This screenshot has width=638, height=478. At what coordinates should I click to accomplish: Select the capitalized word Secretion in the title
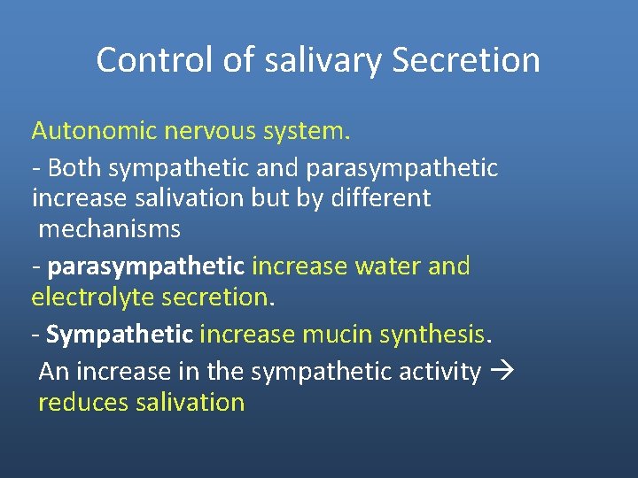point(465,60)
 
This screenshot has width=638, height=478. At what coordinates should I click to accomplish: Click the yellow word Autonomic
point(92,132)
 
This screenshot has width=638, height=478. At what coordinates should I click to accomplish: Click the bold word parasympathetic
point(146,266)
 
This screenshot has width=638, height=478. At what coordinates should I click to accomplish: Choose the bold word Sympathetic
point(119,335)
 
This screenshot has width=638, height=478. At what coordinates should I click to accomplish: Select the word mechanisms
point(110,230)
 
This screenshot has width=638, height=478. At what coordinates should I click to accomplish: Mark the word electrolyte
point(93,297)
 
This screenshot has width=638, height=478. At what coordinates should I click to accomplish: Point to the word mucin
point(338,335)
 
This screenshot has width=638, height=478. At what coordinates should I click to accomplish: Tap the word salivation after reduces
point(190,403)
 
